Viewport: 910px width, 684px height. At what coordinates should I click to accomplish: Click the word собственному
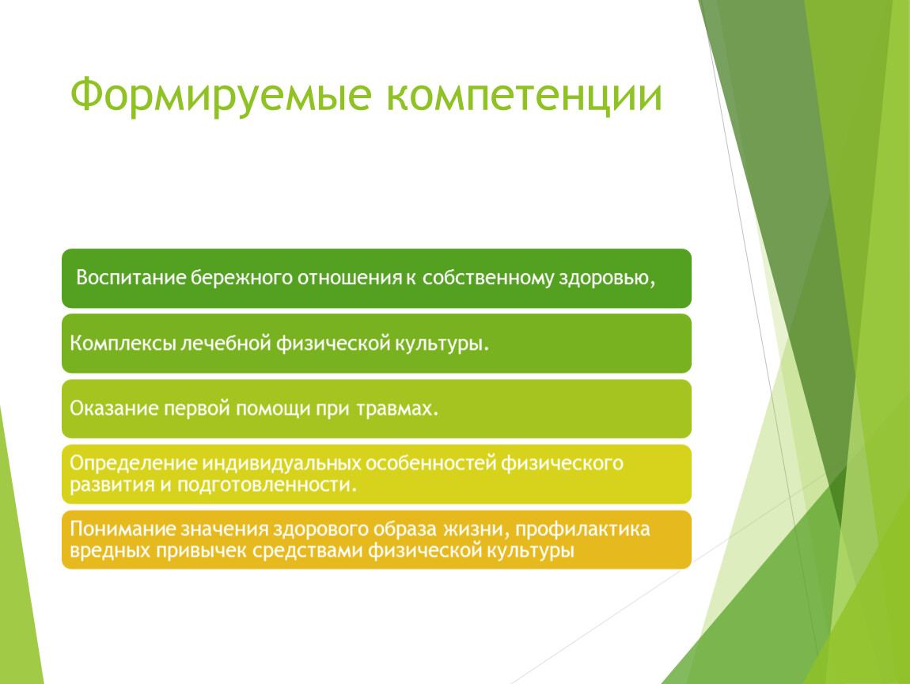click(x=489, y=278)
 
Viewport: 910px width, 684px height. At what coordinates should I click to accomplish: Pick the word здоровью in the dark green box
click(x=607, y=279)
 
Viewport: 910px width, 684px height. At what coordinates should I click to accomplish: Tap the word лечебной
click(x=226, y=343)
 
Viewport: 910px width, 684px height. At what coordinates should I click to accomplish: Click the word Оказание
click(x=114, y=408)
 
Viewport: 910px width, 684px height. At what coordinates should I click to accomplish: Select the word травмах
click(x=397, y=408)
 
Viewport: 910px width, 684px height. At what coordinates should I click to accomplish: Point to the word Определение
click(x=134, y=463)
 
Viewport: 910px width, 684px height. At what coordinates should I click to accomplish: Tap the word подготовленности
click(x=267, y=484)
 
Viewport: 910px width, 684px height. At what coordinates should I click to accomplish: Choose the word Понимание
click(x=123, y=529)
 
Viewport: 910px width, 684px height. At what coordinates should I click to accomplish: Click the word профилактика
click(x=582, y=530)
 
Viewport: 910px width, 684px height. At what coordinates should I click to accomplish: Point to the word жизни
click(x=477, y=530)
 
